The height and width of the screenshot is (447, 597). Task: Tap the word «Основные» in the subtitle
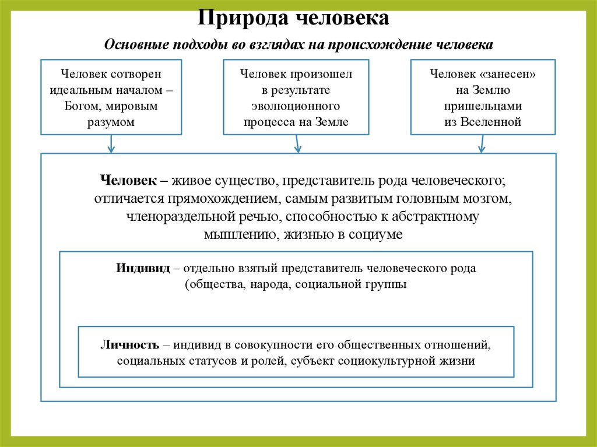133,45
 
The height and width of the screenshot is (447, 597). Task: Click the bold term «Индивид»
143,269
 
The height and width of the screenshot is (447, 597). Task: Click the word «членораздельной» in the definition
189,217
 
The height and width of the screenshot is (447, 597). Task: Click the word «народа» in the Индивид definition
274,285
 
